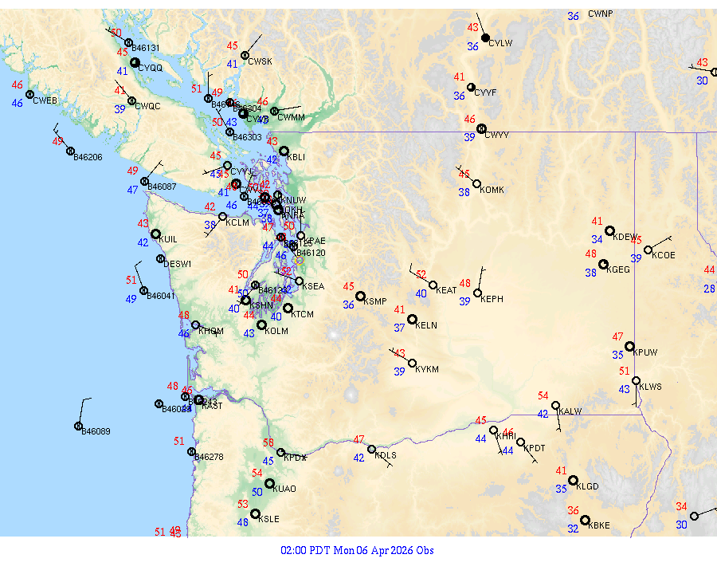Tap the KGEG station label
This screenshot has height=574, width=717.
pos(618,270)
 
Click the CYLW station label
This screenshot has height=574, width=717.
pos(500,43)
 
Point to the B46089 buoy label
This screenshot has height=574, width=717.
pos(96,431)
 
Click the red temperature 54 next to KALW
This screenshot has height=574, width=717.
pos(543,395)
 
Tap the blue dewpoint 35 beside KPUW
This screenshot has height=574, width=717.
pos(617,355)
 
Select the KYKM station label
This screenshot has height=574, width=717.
pos(427,369)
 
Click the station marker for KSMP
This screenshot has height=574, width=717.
pos(360,296)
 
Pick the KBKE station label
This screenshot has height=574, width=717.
pos(597,525)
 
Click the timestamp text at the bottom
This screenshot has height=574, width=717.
pos(357,550)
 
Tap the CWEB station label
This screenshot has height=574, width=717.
pos(45,100)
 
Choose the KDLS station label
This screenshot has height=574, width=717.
pos(386,455)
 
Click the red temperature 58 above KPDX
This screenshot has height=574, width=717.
pos(268,442)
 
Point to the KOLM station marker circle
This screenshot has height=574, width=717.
pos(261,324)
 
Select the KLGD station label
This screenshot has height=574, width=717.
pos(587,486)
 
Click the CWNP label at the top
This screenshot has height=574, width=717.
pos(601,14)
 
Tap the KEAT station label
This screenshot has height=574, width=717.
pos(446,290)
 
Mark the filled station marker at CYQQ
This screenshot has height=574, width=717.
pos(135,62)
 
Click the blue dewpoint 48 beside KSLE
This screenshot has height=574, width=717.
pos(242,522)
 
